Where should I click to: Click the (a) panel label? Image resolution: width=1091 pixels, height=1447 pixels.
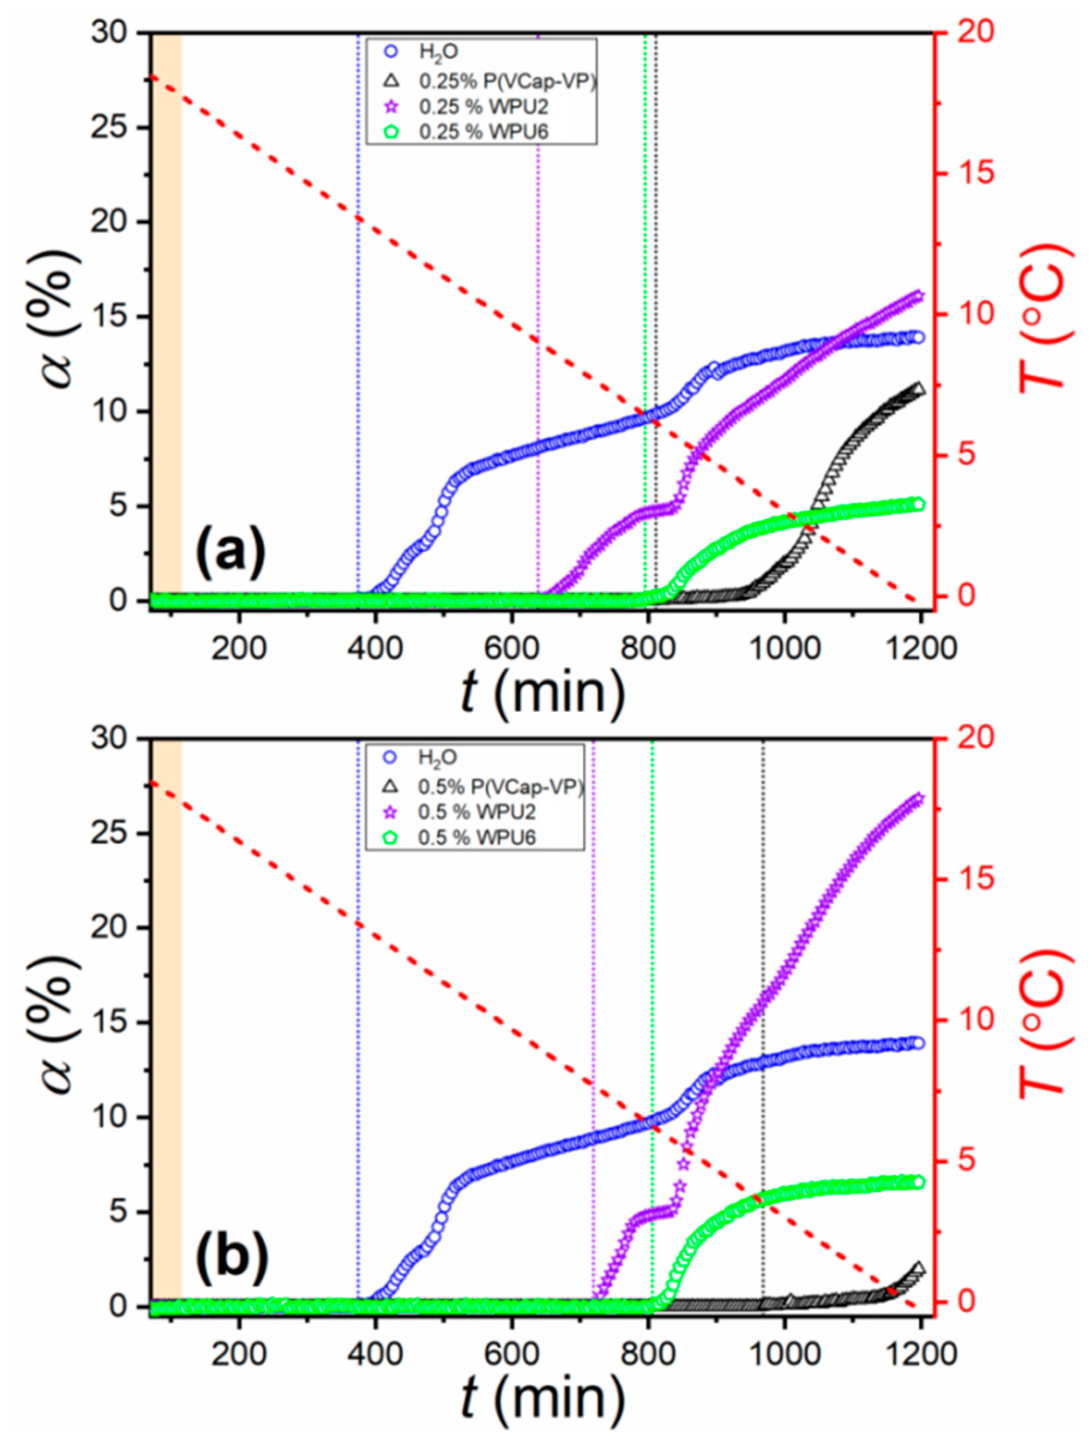232,551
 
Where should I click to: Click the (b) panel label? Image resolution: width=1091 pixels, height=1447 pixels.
232,1258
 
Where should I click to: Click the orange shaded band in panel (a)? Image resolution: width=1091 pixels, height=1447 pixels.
167,314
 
